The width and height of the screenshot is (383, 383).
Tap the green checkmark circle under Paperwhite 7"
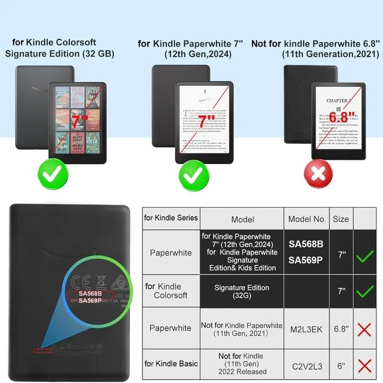click(194, 177)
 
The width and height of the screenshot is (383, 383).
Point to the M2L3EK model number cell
click(307, 328)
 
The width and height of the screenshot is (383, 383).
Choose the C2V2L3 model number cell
click(307, 366)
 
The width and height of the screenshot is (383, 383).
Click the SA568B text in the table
click(306, 244)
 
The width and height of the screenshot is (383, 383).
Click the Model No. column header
click(307, 219)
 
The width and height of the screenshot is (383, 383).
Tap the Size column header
click(341, 219)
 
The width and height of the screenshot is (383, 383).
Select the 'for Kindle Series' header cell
click(171, 218)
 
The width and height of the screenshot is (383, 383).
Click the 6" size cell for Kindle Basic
click(341, 366)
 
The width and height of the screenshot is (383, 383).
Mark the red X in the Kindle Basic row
click(365, 366)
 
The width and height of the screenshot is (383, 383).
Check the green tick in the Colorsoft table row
click(365, 291)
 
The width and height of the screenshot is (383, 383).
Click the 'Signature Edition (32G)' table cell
click(242, 292)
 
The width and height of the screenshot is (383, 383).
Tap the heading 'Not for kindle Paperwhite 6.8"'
click(316, 44)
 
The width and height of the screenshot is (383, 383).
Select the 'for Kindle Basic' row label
click(171, 364)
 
